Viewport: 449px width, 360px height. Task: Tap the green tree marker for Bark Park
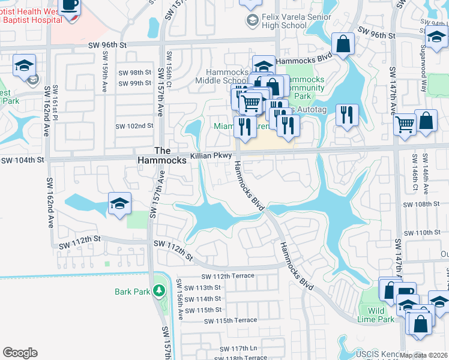[x=158, y=291]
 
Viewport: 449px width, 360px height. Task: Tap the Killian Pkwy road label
[x=211, y=155]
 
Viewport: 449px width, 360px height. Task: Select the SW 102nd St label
[x=134, y=126]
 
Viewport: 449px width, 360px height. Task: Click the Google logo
[x=20, y=352]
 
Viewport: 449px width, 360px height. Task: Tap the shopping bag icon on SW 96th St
[x=343, y=44]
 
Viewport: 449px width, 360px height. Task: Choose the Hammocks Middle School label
[x=221, y=76]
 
